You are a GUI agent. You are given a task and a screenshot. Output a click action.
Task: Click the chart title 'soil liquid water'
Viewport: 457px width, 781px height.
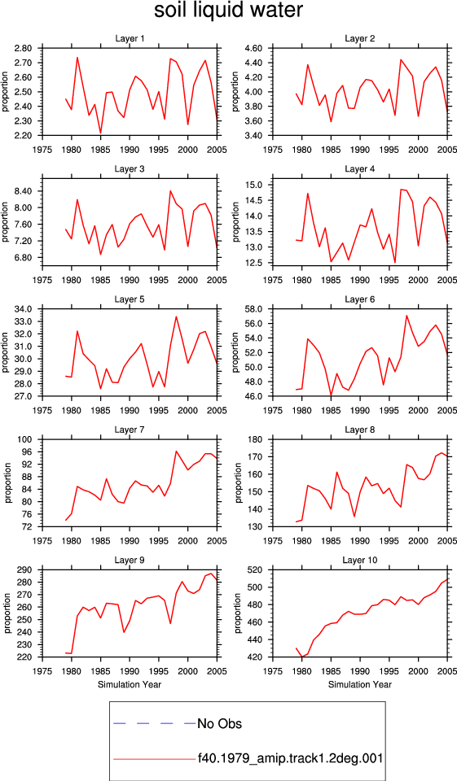[x=228, y=11]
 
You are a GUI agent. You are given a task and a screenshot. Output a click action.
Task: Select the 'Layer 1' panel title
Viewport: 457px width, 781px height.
[x=130, y=38]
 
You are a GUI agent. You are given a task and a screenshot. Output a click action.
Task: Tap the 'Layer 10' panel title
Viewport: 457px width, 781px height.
[x=360, y=561]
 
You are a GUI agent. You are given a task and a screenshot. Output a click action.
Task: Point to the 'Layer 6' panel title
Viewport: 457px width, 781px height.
[x=360, y=299]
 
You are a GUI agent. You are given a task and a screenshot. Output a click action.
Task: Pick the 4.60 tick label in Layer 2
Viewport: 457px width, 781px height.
[x=253, y=48]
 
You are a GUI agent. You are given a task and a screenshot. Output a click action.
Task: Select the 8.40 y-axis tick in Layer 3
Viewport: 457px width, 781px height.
[x=23, y=191]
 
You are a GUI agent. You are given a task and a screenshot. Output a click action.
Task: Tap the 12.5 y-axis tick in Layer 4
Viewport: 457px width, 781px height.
[x=255, y=263]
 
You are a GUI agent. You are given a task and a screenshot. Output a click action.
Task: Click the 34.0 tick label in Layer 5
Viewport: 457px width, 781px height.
[x=23, y=309]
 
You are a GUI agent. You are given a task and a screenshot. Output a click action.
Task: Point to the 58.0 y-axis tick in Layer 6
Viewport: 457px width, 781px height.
[x=253, y=309]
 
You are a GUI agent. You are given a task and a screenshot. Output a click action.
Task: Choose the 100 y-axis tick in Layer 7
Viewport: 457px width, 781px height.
[x=25, y=439]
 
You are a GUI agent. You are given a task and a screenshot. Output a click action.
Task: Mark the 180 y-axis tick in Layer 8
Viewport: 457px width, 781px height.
[x=256, y=439]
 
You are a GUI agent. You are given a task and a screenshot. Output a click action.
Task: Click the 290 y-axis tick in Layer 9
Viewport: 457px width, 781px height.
[x=25, y=569]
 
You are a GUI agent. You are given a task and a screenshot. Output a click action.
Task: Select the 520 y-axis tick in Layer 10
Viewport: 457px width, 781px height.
[x=256, y=569]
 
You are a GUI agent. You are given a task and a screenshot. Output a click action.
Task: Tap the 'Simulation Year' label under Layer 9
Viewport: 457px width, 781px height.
[x=130, y=684]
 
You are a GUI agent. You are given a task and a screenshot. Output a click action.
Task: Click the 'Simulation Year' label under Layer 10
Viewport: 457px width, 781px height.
[x=360, y=684]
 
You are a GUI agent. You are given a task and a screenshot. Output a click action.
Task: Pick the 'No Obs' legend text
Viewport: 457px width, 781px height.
[x=219, y=723]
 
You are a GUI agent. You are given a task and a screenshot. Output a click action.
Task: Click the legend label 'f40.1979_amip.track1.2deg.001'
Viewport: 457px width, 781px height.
[x=290, y=759]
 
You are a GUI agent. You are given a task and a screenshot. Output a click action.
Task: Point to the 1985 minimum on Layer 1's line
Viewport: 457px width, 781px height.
[x=100, y=133]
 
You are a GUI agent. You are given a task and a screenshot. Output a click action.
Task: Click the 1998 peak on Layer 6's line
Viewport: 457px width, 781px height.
[x=406, y=316]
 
